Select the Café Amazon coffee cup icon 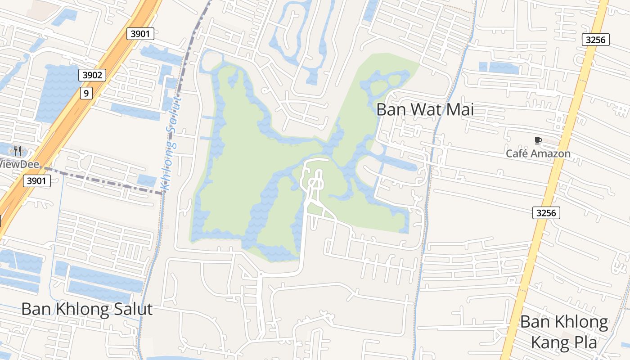pos(538,141)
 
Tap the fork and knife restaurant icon pos(18,151)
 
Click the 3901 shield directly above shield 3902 pos(140,33)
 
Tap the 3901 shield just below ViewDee pos(36,181)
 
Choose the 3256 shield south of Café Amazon pos(546,213)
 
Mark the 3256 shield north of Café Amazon pos(596,40)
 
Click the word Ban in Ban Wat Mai pos(390,109)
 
